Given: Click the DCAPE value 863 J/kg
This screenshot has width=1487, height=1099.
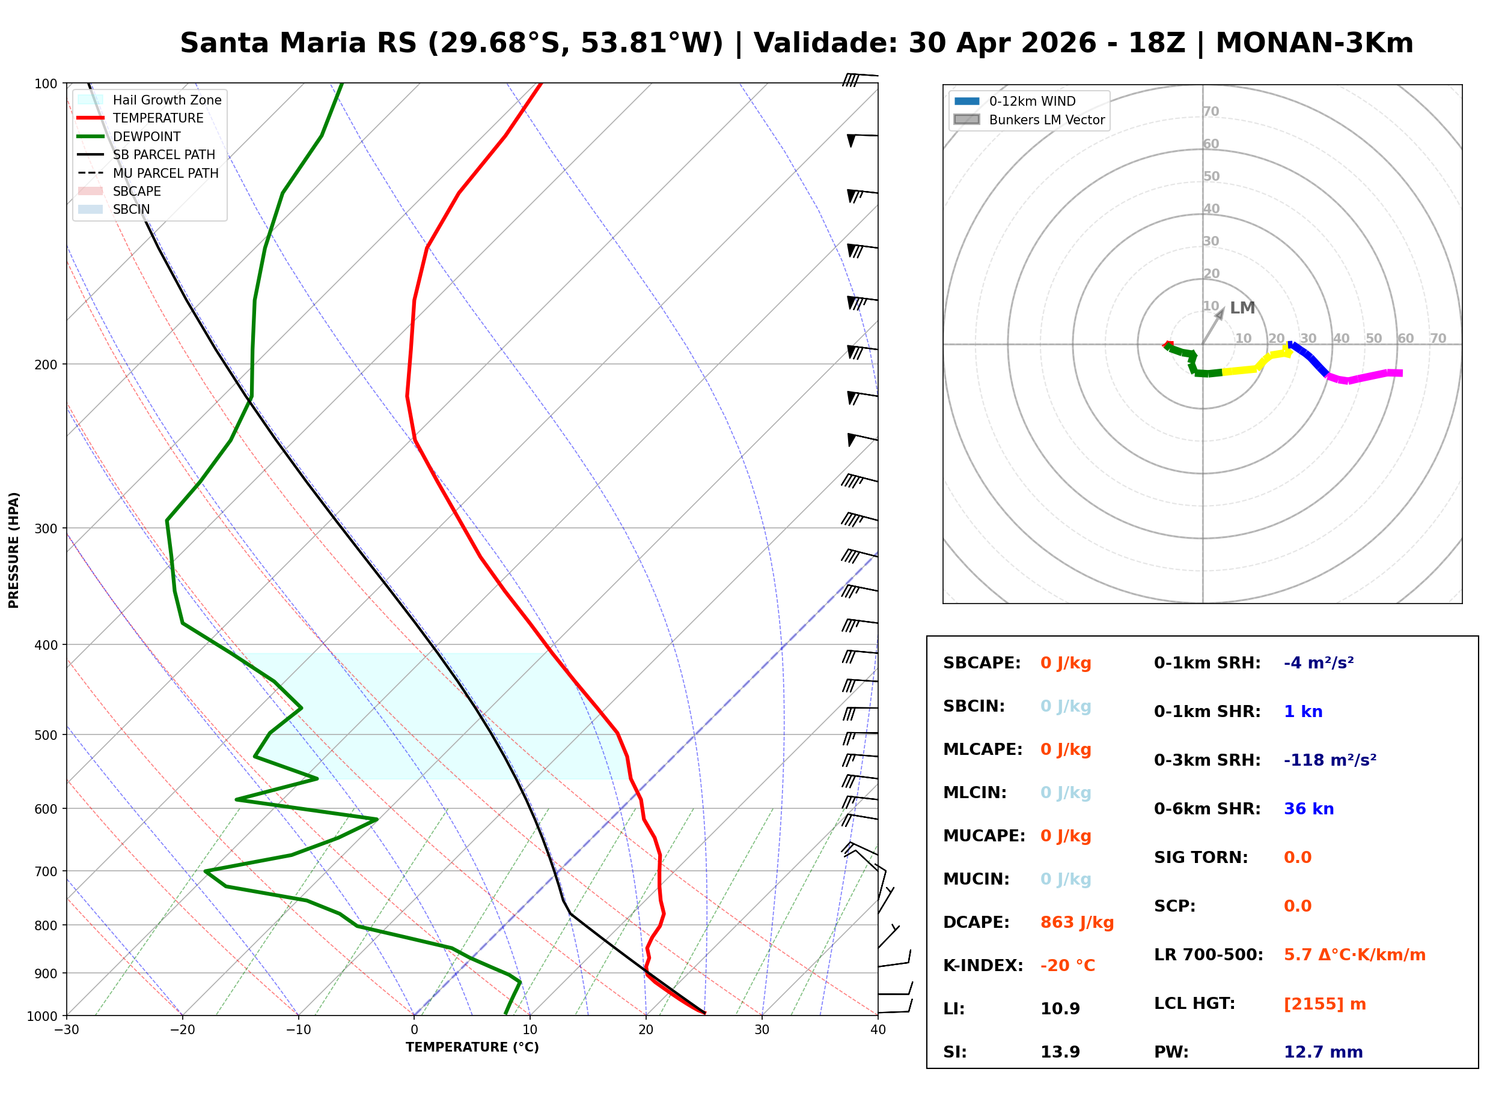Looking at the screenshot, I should [1076, 922].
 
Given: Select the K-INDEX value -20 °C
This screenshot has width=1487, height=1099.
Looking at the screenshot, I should [1067, 966].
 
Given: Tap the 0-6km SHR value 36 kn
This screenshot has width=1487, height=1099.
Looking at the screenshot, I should [1308, 809].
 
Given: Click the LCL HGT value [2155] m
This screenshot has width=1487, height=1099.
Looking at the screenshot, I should [1324, 1004].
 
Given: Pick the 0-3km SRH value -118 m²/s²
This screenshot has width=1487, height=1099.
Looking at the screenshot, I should [1330, 760].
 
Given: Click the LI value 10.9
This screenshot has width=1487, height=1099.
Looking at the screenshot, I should [1059, 1009].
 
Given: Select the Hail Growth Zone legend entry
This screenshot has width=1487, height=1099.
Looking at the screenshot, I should [166, 100].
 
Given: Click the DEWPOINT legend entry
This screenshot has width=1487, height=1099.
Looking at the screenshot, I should [147, 136].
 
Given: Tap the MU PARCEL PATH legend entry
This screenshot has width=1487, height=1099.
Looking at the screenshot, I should [165, 173].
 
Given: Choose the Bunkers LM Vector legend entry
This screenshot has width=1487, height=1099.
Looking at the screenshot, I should [1046, 120].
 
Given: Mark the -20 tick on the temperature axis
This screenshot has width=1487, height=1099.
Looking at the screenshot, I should [182, 1030].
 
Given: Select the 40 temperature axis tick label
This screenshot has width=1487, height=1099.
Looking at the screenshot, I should [878, 1030].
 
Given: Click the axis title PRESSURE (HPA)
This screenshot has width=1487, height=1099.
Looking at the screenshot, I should [14, 550].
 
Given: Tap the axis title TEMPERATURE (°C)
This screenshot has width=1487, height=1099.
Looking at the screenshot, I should [472, 1048].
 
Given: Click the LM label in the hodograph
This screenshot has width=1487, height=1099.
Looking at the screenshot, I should [1241, 308].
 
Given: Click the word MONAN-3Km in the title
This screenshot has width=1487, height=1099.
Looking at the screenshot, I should [1314, 43].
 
